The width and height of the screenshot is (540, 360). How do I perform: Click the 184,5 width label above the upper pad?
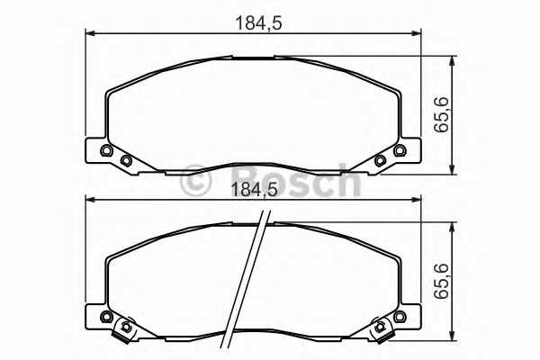point(258,23)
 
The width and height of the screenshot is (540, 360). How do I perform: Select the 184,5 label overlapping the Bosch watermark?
point(254,190)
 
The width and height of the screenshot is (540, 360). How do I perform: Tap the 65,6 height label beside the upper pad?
point(442,114)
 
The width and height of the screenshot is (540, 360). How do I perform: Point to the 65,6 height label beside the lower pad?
point(442,281)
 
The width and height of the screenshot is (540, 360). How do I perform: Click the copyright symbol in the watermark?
point(195,181)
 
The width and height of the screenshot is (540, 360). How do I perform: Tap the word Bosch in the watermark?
point(295,180)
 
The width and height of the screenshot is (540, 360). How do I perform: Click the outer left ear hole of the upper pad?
point(106,150)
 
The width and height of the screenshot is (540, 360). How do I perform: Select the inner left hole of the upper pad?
point(126,160)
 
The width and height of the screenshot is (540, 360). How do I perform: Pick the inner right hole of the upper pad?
point(380,160)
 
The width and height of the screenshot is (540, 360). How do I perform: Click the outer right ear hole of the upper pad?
point(400,150)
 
